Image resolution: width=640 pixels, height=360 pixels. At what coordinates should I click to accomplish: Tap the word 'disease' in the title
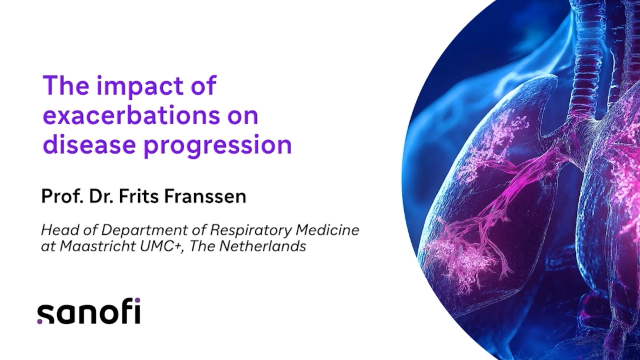89,145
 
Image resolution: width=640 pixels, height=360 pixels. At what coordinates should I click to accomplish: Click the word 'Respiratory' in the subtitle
251,230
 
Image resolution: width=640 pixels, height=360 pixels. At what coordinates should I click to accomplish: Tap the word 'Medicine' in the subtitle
327,230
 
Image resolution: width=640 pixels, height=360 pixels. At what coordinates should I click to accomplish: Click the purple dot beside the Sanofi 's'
39,321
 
